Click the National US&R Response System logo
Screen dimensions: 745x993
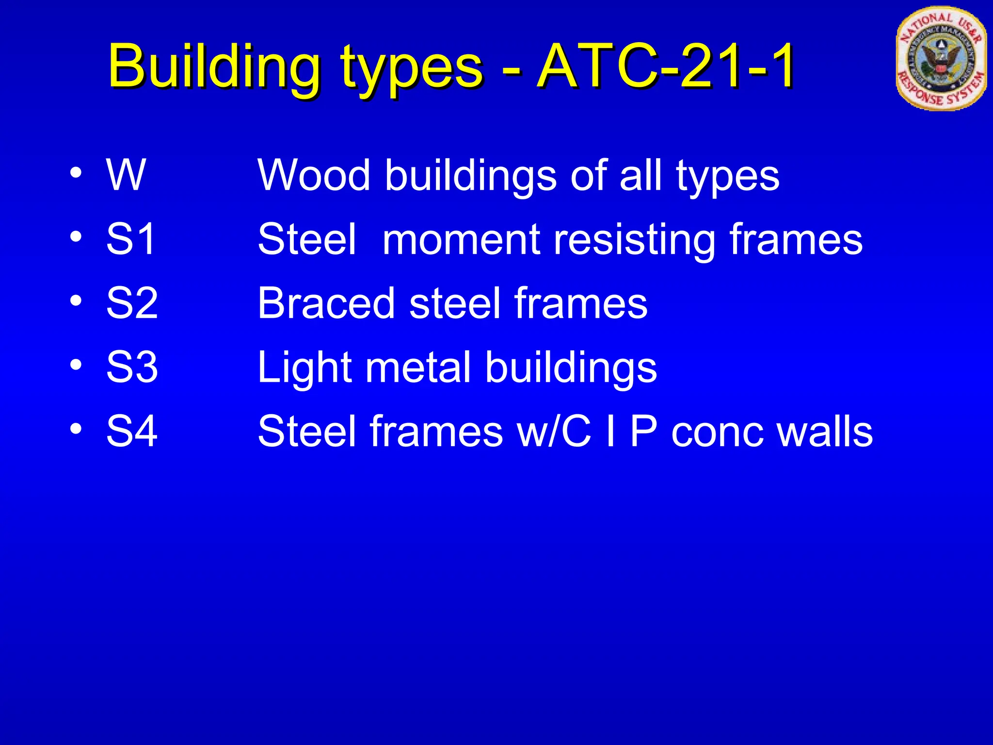tap(940, 58)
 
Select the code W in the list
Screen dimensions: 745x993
tap(126, 175)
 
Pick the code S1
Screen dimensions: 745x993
tap(131, 239)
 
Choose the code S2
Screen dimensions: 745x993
tap(132, 303)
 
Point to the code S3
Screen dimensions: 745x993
tap(132, 367)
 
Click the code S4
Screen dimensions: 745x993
tap(132, 431)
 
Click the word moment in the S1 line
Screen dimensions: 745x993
tap(461, 239)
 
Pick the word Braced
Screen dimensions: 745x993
tap(326, 303)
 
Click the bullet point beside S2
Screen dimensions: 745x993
tap(76, 301)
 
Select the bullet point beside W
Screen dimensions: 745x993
tap(76, 173)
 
